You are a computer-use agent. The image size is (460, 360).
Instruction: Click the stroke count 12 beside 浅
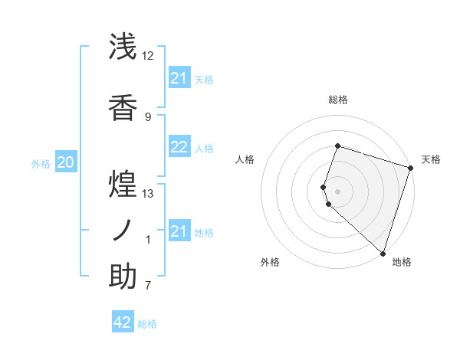point(148,56)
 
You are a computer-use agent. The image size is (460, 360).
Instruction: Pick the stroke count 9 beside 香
point(148,116)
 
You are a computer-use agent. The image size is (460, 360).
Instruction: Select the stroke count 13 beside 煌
point(148,193)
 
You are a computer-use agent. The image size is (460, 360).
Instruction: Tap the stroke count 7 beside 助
point(148,286)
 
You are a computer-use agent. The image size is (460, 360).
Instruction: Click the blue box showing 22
point(179,148)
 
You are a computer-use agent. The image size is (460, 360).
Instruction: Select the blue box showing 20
point(66,162)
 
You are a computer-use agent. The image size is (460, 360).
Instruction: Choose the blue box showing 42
point(123,322)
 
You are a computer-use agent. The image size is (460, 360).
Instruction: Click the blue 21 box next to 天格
point(179,78)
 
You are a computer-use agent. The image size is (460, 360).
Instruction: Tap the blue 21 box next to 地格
point(179,231)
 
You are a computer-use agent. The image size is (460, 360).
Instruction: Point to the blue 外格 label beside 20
point(41,163)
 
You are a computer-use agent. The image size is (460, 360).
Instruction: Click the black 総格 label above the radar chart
point(338,100)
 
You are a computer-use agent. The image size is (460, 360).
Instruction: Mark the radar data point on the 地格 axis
point(383,253)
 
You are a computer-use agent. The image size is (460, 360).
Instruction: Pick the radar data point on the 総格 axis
point(337,146)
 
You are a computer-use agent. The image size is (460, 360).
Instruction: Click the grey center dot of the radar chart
point(337,190)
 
